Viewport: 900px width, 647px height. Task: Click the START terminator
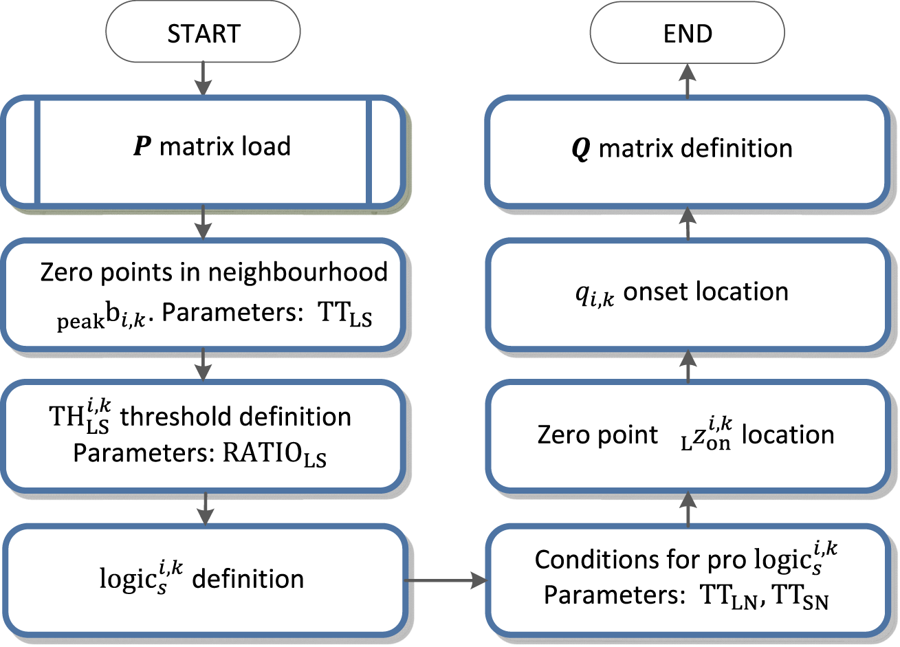(203, 33)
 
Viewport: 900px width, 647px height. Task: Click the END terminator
(688, 33)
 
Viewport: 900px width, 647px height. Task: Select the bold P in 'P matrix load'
(142, 147)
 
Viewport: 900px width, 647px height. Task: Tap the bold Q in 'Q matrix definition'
(581, 149)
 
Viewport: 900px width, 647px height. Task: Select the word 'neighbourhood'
(298, 272)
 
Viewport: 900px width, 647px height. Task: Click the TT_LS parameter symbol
(345, 315)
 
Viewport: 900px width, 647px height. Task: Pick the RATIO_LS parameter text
(274, 455)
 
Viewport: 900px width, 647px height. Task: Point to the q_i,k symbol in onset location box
(594, 294)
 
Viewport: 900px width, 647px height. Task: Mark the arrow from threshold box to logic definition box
(205, 508)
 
